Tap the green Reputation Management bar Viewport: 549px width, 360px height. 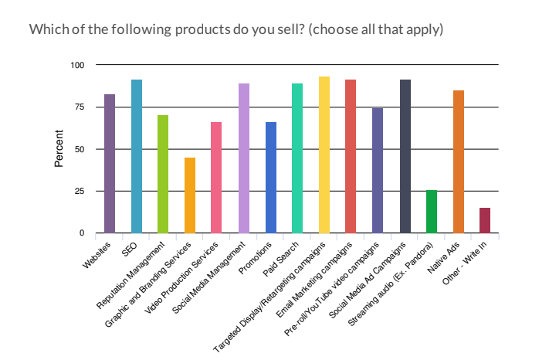coord(163,174)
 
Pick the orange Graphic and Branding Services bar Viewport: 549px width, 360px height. coord(190,195)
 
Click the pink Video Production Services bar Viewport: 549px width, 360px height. coord(216,178)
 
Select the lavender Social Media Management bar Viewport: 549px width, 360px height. coord(244,158)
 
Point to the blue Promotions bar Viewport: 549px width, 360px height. coord(270,178)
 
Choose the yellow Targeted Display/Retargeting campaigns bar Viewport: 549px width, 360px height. coord(324,155)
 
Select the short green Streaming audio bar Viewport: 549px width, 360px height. coord(432,212)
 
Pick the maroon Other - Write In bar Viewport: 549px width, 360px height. coord(485,220)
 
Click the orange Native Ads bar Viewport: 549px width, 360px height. coord(459,161)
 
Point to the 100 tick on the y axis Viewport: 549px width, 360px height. coord(77,65)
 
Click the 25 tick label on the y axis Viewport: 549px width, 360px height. coord(79,191)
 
